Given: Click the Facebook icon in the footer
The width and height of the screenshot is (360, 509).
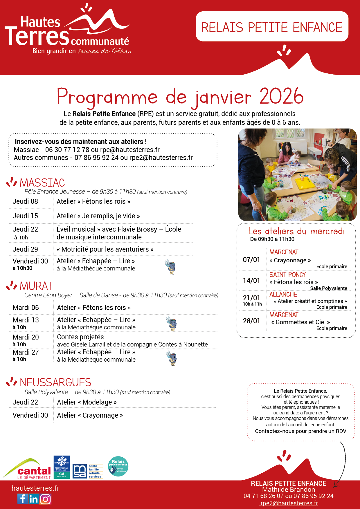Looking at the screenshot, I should click(x=22, y=499).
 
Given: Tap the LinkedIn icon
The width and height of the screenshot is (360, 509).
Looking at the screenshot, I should click(x=34, y=499).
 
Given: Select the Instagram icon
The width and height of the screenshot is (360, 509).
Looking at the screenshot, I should click(x=45, y=499).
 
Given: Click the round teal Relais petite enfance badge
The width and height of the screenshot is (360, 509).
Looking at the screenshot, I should click(x=118, y=466).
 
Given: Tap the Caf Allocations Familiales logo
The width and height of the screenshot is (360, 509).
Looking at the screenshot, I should click(x=62, y=467).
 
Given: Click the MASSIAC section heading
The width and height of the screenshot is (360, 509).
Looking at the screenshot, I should click(x=42, y=183).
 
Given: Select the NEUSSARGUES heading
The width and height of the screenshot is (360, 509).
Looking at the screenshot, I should click(x=55, y=382).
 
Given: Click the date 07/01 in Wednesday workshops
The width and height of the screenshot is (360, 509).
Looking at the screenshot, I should click(x=251, y=260).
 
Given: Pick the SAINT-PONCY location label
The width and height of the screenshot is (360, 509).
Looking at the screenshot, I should click(x=287, y=275).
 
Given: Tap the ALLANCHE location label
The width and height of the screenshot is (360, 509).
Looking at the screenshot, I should click(x=283, y=294).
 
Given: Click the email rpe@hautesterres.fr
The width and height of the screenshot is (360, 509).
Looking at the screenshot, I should click(x=130, y=150).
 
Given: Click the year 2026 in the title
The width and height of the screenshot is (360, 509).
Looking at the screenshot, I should click(x=281, y=96).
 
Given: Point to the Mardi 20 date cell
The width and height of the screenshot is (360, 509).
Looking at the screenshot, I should click(x=26, y=337).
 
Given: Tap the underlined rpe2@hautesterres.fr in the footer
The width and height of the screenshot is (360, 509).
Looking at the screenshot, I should click(x=289, y=503).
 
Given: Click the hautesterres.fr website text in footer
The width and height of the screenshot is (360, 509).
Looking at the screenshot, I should click(x=35, y=488).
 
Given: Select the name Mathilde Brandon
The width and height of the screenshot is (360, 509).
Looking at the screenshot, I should click(x=288, y=490).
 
